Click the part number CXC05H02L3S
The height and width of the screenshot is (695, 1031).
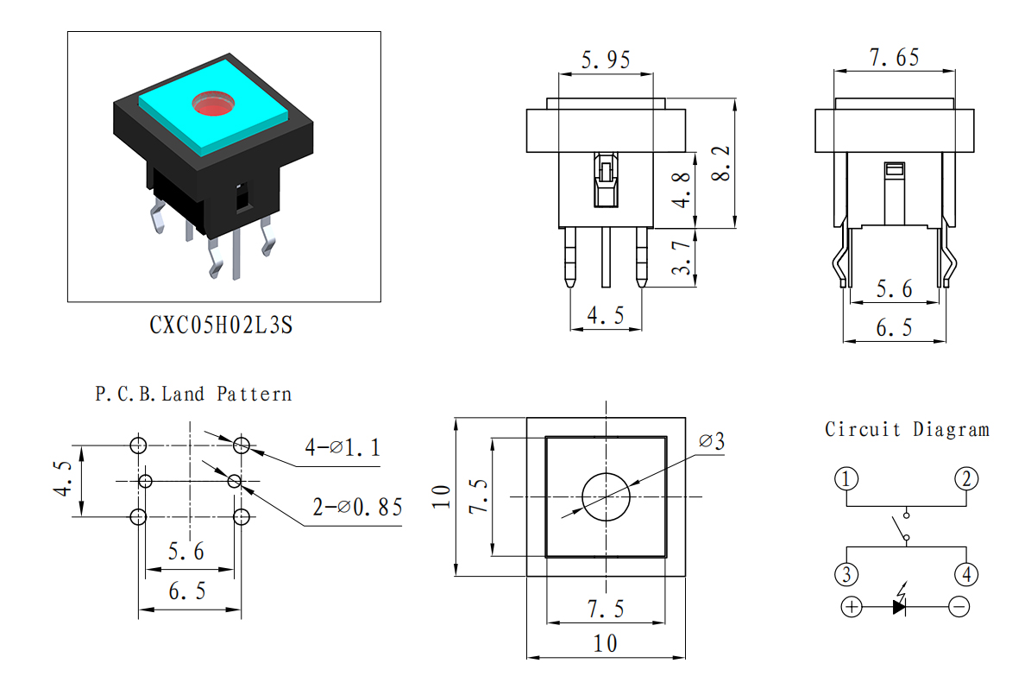click(x=221, y=325)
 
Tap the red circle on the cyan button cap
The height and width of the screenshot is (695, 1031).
click(x=213, y=104)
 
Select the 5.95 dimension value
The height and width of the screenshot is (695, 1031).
click(x=606, y=60)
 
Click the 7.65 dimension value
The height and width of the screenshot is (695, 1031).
click(x=894, y=57)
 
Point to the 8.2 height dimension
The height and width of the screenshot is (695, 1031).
click(x=720, y=163)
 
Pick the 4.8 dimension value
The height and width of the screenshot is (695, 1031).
click(x=682, y=190)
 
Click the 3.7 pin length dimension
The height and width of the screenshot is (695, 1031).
click(x=682, y=257)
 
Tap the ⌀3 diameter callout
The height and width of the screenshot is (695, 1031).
click(x=712, y=441)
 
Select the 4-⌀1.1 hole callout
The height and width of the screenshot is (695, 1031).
click(x=343, y=447)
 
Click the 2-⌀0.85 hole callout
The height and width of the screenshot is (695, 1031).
click(x=357, y=507)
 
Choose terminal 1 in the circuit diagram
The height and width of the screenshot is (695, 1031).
click(x=846, y=478)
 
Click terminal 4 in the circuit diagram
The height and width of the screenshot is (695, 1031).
click(x=966, y=574)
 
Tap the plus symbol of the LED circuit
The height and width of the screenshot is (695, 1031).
click(x=852, y=606)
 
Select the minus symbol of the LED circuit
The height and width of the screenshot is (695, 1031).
click(x=959, y=606)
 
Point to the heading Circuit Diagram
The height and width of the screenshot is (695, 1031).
click(x=908, y=430)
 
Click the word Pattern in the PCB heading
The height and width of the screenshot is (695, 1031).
click(x=255, y=395)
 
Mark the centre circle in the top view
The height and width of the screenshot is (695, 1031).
click(x=607, y=497)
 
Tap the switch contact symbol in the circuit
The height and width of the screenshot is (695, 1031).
click(x=900, y=527)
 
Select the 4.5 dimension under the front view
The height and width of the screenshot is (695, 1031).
click(x=606, y=315)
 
